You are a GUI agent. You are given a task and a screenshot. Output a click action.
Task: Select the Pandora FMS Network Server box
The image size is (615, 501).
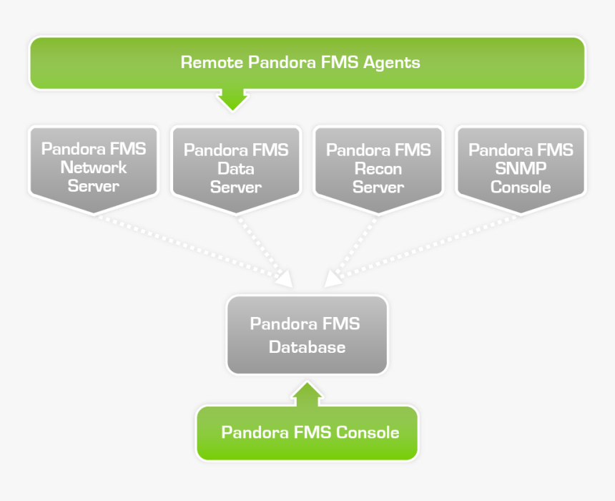[93, 168]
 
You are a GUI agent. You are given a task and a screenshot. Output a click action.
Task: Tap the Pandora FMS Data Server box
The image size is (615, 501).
[236, 168]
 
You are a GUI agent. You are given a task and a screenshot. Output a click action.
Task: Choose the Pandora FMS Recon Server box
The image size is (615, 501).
[378, 168]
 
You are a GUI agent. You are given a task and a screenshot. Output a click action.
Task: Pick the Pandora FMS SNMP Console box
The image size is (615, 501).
[521, 168]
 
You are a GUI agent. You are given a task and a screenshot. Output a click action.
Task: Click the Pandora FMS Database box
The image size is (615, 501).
[307, 335]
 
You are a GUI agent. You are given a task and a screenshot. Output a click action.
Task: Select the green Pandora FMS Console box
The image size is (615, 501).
[307, 433]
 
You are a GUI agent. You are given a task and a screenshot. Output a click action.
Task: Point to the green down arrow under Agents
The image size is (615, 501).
[232, 99]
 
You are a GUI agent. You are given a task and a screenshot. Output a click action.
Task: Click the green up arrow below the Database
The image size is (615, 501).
[307, 393]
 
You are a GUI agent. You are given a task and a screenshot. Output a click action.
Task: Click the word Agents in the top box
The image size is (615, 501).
[391, 62]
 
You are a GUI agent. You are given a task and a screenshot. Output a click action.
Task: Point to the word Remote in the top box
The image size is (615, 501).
[212, 62]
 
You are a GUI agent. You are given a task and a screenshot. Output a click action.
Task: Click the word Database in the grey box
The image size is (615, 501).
[307, 347]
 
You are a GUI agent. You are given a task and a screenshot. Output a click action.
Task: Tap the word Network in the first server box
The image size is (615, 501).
[93, 168]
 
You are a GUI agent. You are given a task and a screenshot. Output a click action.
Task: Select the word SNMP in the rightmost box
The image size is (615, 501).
[521, 169]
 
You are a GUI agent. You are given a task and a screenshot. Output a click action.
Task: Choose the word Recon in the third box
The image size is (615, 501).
[378, 169]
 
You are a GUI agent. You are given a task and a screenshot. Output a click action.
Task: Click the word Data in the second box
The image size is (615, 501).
[236, 169]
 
